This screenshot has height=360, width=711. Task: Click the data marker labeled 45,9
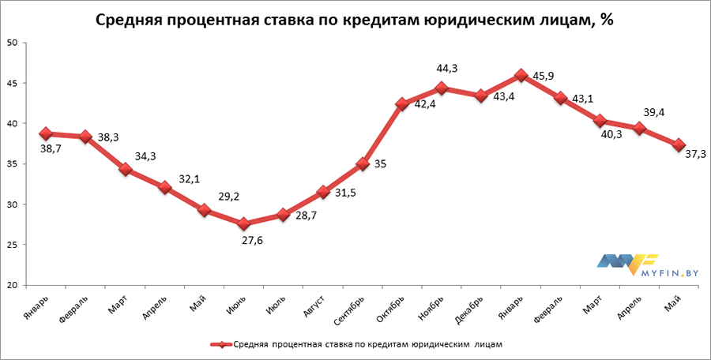(521, 76)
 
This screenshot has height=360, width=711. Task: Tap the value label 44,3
(449, 69)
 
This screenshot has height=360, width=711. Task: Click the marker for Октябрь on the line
(402, 104)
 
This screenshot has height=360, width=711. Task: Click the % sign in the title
(607, 21)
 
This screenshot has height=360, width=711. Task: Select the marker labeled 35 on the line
(363, 164)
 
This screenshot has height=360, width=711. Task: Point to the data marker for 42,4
(402, 104)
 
